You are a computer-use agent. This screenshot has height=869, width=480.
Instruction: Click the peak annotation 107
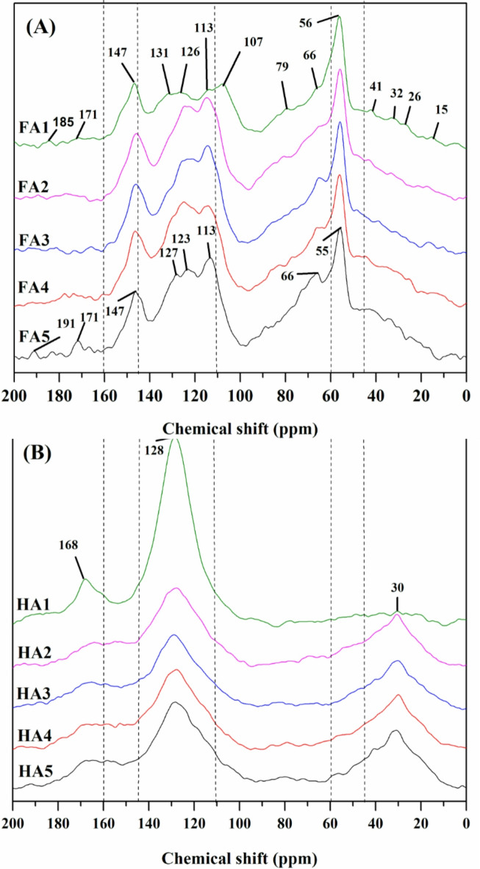tap(251, 43)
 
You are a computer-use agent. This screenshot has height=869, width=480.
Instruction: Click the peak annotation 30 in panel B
tap(397, 587)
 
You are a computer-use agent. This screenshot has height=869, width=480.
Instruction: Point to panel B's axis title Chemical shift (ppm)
tap(240, 858)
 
